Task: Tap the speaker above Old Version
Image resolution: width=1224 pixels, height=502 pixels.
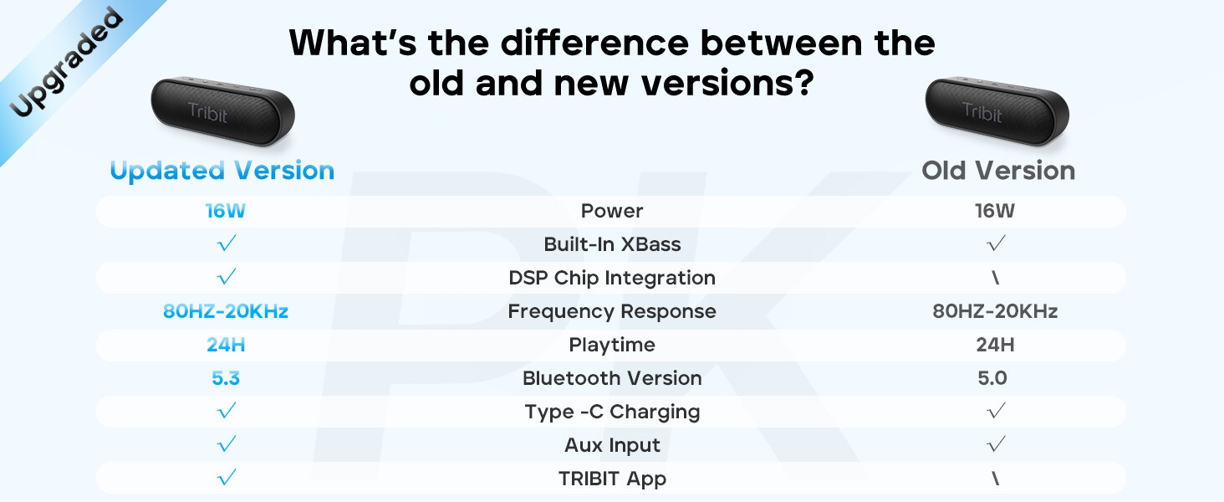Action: coord(997,110)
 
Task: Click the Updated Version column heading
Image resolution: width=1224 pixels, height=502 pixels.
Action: coord(222,171)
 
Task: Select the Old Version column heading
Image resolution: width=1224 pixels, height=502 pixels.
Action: coord(997,171)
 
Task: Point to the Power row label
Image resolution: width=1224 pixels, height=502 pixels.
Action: coord(612,211)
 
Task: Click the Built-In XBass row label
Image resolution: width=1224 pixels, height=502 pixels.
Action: coord(612,244)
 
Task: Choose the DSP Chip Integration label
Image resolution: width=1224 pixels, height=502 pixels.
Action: coord(612,278)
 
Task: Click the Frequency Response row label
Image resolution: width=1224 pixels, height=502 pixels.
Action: coord(612,311)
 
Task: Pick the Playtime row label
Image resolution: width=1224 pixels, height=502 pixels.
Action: coord(612,345)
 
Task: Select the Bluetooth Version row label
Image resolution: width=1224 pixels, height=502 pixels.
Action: coord(612,378)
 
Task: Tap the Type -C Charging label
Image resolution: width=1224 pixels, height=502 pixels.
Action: coord(612,412)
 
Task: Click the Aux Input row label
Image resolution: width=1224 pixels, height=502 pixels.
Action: coord(612,445)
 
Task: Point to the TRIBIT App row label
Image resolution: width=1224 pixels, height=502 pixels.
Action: coord(612,479)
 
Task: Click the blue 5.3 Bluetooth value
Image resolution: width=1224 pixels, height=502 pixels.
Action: coord(226,378)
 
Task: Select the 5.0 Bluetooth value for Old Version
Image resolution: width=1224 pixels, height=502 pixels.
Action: coord(992,378)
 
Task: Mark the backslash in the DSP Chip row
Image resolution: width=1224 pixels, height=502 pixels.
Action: coord(996,278)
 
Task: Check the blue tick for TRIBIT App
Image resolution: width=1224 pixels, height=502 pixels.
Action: coord(226,478)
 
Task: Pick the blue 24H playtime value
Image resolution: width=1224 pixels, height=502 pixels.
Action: coord(226,345)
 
